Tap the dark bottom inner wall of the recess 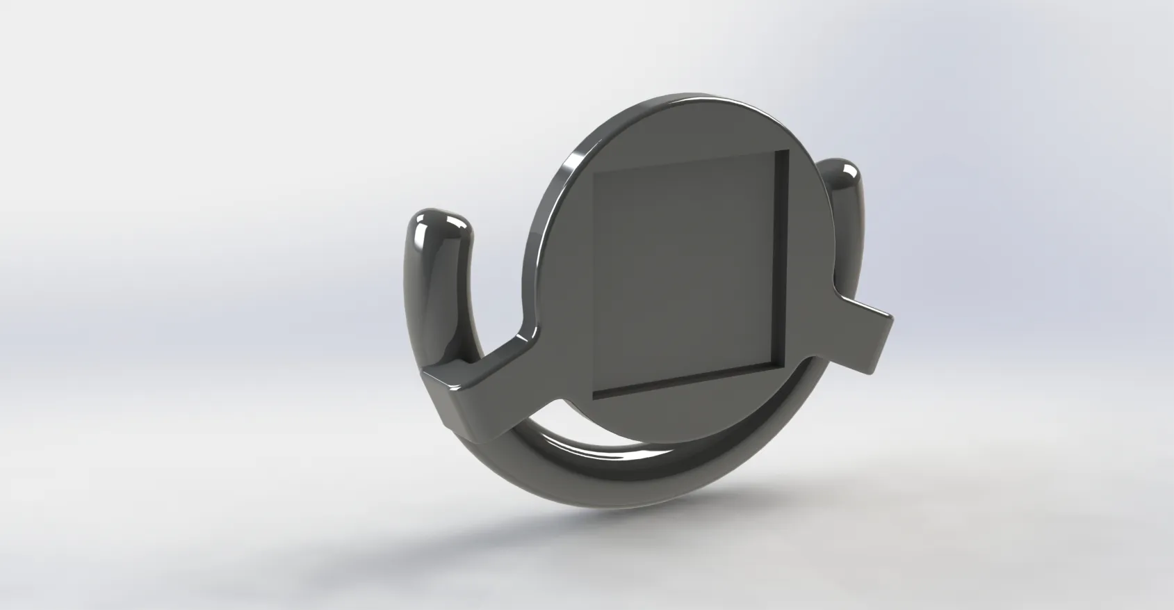pos(688,383)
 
